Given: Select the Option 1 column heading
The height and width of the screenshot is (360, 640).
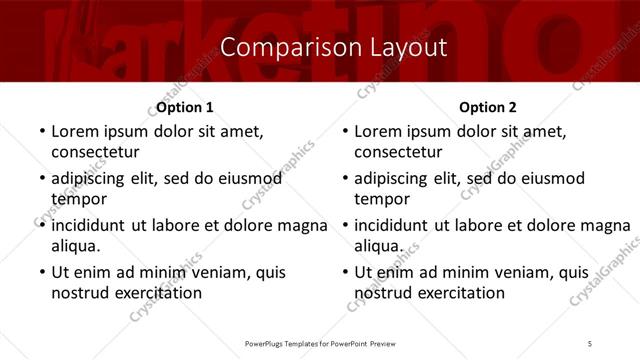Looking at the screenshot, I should pyautogui.click(x=185, y=107).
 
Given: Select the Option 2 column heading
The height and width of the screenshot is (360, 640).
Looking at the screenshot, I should pyautogui.click(x=488, y=107).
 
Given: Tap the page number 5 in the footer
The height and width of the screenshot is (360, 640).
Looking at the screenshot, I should pyautogui.click(x=590, y=343).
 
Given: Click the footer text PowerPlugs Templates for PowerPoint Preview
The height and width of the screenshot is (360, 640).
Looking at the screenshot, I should pyautogui.click(x=320, y=343).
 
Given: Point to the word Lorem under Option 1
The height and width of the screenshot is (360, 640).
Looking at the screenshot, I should pyautogui.click(x=75, y=131).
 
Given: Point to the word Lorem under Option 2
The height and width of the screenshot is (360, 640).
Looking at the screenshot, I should pyautogui.click(x=378, y=131).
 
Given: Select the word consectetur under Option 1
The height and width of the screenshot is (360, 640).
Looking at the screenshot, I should pyautogui.click(x=95, y=152).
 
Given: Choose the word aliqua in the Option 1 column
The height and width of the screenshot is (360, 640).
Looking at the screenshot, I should pyautogui.click(x=74, y=246).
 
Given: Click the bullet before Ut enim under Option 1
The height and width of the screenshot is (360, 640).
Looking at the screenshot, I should pyautogui.click(x=40, y=272).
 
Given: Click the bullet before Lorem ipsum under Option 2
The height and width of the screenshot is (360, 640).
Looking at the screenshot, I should pyautogui.click(x=343, y=131).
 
